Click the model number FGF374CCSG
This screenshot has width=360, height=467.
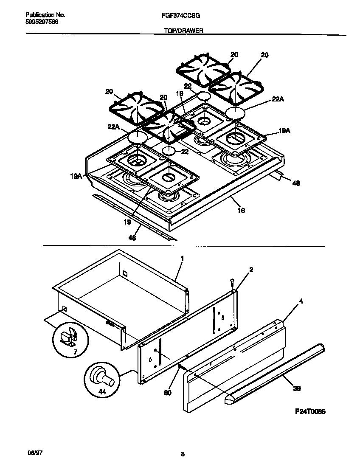coord(181,15)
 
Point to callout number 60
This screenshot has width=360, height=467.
coord(167,393)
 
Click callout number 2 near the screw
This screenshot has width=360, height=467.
coord(251,270)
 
